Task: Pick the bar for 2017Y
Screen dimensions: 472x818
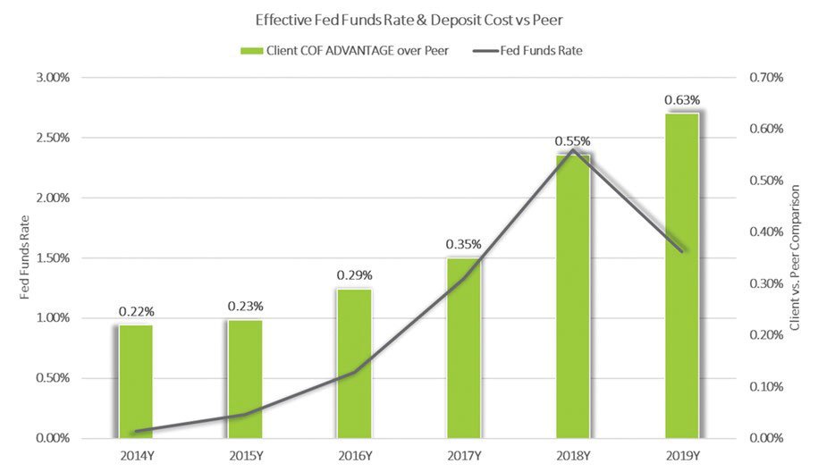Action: pyautogui.click(x=463, y=349)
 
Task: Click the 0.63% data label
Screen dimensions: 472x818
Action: pyautogui.click(x=681, y=99)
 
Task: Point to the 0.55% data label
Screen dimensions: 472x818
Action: pyautogui.click(x=572, y=141)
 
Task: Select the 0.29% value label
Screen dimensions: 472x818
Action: pyautogui.click(x=354, y=275)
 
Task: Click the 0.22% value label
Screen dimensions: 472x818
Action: pyautogui.click(x=136, y=311)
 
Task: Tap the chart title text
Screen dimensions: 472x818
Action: pyautogui.click(x=408, y=19)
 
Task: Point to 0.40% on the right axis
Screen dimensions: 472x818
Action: pyautogui.click(x=765, y=232)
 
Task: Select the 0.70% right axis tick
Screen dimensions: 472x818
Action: pyautogui.click(x=765, y=78)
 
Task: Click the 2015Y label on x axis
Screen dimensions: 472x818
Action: pyautogui.click(x=245, y=456)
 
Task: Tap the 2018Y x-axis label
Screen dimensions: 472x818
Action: pyautogui.click(x=572, y=456)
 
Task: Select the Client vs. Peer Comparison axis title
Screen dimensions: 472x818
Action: pyautogui.click(x=795, y=258)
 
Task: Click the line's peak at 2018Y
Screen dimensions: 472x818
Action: pyautogui.click(x=572, y=150)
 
